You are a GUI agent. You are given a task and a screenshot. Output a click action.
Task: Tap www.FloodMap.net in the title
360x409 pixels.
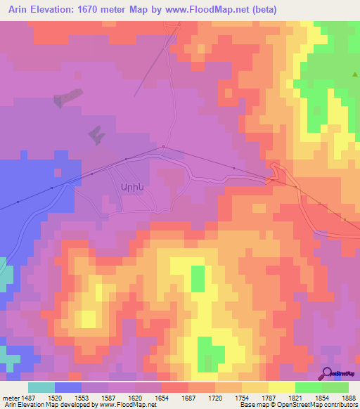tap(212, 10)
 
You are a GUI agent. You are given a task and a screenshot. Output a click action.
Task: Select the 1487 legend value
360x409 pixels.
tap(28, 397)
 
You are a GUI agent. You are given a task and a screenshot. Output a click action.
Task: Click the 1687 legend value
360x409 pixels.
tap(188, 397)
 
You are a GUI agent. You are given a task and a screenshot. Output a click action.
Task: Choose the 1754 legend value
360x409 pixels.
tap(242, 397)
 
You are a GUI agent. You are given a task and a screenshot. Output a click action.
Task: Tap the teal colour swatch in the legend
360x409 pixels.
tap(41, 387)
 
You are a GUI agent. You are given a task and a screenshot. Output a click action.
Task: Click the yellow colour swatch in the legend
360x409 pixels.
tap(281, 387)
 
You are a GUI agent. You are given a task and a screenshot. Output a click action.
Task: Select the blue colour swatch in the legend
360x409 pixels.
tap(68, 387)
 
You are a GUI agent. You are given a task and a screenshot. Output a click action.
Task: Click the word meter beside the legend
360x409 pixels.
tap(11, 397)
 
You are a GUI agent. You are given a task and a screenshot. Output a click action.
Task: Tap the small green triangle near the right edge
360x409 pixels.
tap(356, 73)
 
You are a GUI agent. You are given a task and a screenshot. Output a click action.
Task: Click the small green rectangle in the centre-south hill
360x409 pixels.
tap(198, 278)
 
